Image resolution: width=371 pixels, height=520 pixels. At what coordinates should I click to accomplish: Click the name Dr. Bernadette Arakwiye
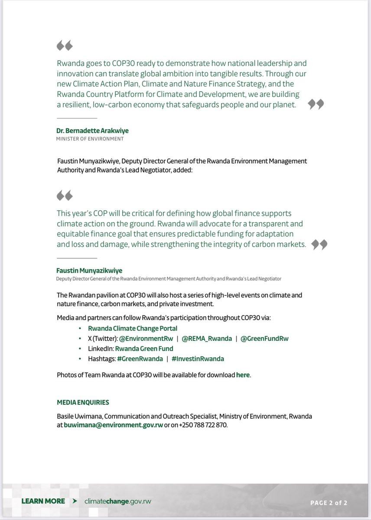tap(92, 131)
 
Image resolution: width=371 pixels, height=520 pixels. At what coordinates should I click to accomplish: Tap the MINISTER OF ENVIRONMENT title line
tap(90, 139)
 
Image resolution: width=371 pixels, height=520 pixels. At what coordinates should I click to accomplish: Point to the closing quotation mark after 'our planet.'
tap(316, 105)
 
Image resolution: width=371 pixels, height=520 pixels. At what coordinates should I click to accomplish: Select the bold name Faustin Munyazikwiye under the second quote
tap(89, 271)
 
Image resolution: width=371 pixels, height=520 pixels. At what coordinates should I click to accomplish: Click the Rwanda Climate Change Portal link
tap(133, 328)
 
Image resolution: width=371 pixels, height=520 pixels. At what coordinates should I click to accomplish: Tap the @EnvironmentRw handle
tap(149, 338)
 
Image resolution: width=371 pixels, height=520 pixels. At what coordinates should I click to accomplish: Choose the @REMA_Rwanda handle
tap(207, 338)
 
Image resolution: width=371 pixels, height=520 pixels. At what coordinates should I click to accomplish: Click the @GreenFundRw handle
tap(264, 338)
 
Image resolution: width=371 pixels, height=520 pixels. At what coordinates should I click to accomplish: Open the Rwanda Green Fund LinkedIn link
tap(144, 349)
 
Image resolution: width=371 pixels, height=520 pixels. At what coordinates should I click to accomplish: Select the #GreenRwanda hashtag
tap(140, 359)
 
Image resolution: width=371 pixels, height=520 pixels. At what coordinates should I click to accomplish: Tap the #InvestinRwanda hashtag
tap(198, 359)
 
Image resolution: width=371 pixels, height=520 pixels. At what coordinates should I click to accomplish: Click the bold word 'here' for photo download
tap(243, 375)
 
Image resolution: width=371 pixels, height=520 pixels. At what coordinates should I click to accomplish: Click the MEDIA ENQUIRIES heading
tap(83, 402)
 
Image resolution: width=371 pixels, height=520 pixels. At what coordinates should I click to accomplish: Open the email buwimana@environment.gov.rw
tap(114, 425)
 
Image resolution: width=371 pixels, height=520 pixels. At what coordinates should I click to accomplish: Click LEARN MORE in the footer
tap(43, 501)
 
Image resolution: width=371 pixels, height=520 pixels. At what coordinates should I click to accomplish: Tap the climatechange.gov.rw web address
tap(118, 501)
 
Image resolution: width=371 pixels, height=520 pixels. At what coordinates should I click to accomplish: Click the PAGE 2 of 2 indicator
tap(329, 503)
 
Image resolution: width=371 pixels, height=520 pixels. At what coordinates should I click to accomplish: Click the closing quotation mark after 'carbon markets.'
tap(319, 245)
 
